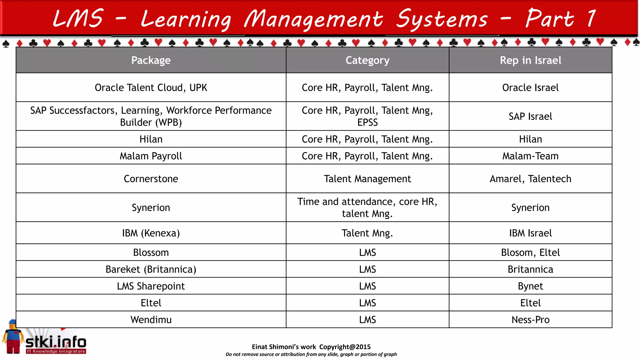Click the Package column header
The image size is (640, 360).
151,60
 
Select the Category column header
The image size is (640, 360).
367,60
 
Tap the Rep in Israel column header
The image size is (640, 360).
530,60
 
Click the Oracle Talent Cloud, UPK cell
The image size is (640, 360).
151,87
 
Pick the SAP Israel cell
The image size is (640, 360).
530,116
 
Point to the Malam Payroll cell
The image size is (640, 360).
151,156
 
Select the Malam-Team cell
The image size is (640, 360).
530,156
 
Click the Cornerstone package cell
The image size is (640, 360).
151,179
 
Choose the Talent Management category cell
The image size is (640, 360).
367,179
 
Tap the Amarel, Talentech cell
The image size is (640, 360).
530,179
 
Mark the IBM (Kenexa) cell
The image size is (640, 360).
151,233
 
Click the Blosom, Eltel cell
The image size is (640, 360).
530,252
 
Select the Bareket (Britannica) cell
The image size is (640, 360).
151,269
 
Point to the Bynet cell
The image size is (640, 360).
530,286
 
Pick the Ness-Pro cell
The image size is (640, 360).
530,320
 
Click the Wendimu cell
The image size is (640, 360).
151,320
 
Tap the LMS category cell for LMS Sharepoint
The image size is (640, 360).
367,286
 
